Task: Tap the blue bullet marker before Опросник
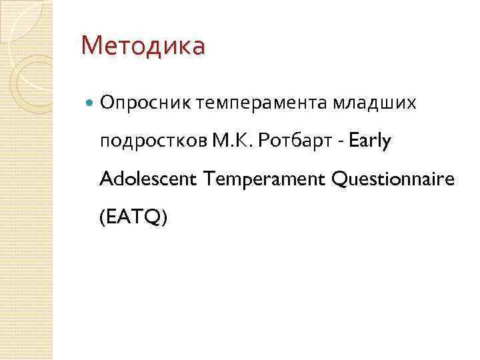pos(91,103)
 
